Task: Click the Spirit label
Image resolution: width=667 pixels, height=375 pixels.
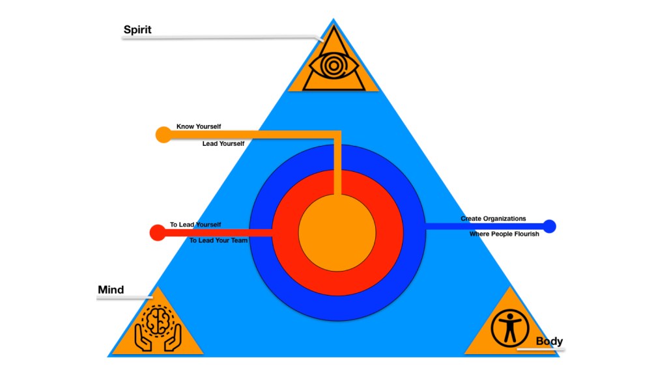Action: pyautogui.click(x=137, y=30)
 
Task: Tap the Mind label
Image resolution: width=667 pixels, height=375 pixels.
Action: pyautogui.click(x=111, y=290)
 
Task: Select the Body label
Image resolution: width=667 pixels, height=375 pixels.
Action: pyautogui.click(x=549, y=341)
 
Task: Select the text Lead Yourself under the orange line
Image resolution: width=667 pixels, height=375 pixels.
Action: pyautogui.click(x=223, y=143)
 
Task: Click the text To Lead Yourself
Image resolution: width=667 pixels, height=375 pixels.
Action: pyautogui.click(x=195, y=225)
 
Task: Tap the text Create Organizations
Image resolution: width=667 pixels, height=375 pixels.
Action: pyautogui.click(x=493, y=219)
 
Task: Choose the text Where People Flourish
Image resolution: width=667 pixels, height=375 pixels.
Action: pyautogui.click(x=504, y=234)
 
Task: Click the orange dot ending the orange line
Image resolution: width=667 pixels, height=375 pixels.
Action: pyautogui.click(x=163, y=135)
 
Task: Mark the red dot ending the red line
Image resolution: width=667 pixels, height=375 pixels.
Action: pyautogui.click(x=157, y=232)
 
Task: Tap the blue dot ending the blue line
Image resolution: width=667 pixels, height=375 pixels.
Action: pyautogui.click(x=549, y=227)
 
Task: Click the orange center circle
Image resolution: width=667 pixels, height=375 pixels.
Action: pyautogui.click(x=337, y=233)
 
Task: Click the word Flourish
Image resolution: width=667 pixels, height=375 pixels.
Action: pyautogui.click(x=525, y=234)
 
